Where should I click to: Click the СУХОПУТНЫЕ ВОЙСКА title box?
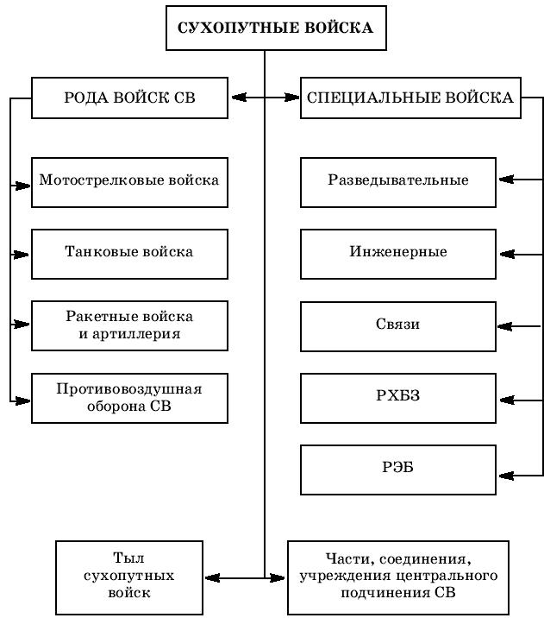pyautogui.click(x=276, y=28)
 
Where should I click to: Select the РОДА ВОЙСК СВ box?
pyautogui.click(x=129, y=98)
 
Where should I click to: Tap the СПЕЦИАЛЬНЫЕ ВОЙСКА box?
pyautogui.click(x=410, y=98)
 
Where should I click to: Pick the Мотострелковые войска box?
pyautogui.click(x=129, y=182)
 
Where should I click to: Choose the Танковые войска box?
pyautogui.click(x=129, y=255)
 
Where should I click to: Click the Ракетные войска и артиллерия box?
pyautogui.click(x=129, y=326)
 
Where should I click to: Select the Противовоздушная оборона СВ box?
pyautogui.click(x=129, y=398)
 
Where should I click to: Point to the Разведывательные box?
pyautogui.click(x=398, y=182)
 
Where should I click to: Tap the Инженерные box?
pyautogui.click(x=398, y=255)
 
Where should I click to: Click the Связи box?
pyautogui.click(x=398, y=326)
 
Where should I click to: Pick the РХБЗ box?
pyautogui.click(x=398, y=398)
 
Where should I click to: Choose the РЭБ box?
pyautogui.click(x=398, y=470)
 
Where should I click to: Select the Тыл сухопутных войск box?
pyautogui.click(x=129, y=577)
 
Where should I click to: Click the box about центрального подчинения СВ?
pyautogui.click(x=398, y=577)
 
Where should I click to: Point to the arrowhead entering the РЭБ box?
pyautogui.click(x=506, y=476)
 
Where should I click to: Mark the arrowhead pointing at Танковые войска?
pyautogui.click(x=22, y=255)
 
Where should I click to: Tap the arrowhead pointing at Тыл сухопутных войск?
pyautogui.click(x=213, y=578)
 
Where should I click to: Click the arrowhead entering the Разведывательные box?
pyautogui.click(x=506, y=180)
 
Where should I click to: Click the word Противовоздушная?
pyautogui.click(x=129, y=389)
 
